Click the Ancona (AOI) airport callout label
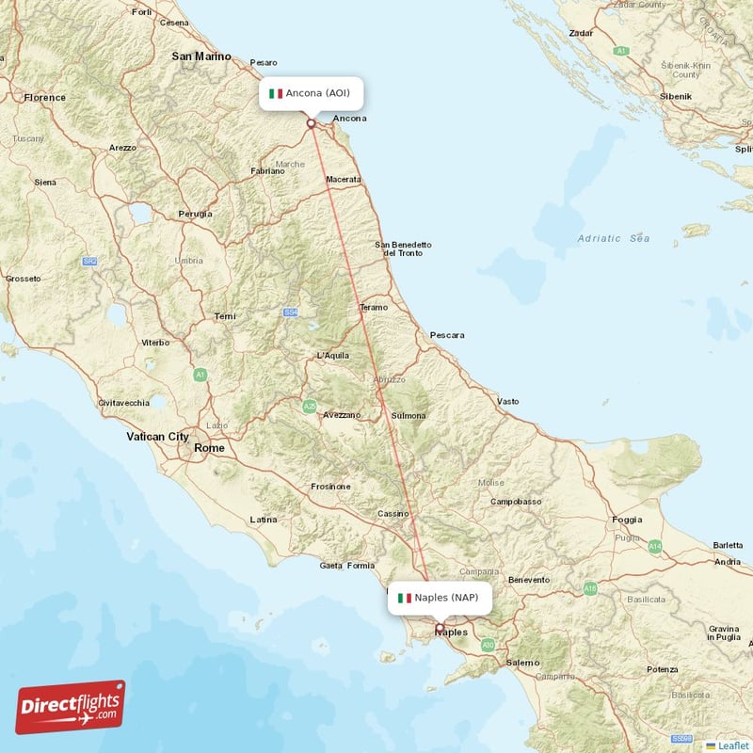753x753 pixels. point(311,93)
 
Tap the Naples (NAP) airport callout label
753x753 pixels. point(439,598)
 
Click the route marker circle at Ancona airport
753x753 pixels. point(311,122)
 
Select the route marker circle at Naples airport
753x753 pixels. point(439,627)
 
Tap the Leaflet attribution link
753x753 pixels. point(728,745)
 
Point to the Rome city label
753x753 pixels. point(209,448)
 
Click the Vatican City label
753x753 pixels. point(158,437)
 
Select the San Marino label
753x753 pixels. point(201,56)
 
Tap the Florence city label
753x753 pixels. point(45,97)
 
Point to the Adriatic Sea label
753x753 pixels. point(614,238)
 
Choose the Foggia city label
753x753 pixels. point(627,519)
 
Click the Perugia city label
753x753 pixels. point(195,214)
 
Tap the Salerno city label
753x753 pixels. point(522,663)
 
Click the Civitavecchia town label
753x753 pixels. point(123,403)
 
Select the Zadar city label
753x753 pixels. point(581,33)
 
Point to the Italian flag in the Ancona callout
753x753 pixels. point(276,93)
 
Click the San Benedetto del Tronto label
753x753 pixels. point(405,248)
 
